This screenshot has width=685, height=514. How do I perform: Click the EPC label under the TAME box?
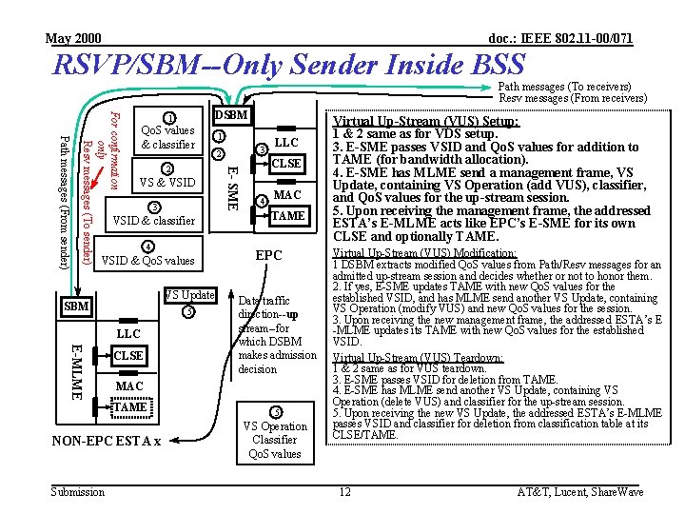[268, 255]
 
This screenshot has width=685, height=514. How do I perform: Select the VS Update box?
[190, 295]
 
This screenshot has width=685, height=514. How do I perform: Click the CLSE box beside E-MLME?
[128, 355]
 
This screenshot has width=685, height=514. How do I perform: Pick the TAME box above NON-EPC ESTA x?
[129, 406]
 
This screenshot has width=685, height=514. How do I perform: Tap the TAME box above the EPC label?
[287, 216]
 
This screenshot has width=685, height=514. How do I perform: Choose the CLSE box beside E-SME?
[286, 163]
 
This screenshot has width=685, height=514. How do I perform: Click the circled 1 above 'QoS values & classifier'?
[167, 118]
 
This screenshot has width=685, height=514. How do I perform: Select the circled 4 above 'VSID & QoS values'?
[148, 247]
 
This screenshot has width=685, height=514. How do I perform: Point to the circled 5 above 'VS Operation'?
[275, 412]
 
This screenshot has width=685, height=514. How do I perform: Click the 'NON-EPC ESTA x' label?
[106, 441]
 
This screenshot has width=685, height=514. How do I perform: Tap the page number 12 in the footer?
[344, 491]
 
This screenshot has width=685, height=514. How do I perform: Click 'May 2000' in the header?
[73, 38]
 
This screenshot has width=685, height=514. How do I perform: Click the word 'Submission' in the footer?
[78, 491]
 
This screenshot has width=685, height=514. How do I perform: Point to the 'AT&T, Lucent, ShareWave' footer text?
[579, 491]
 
